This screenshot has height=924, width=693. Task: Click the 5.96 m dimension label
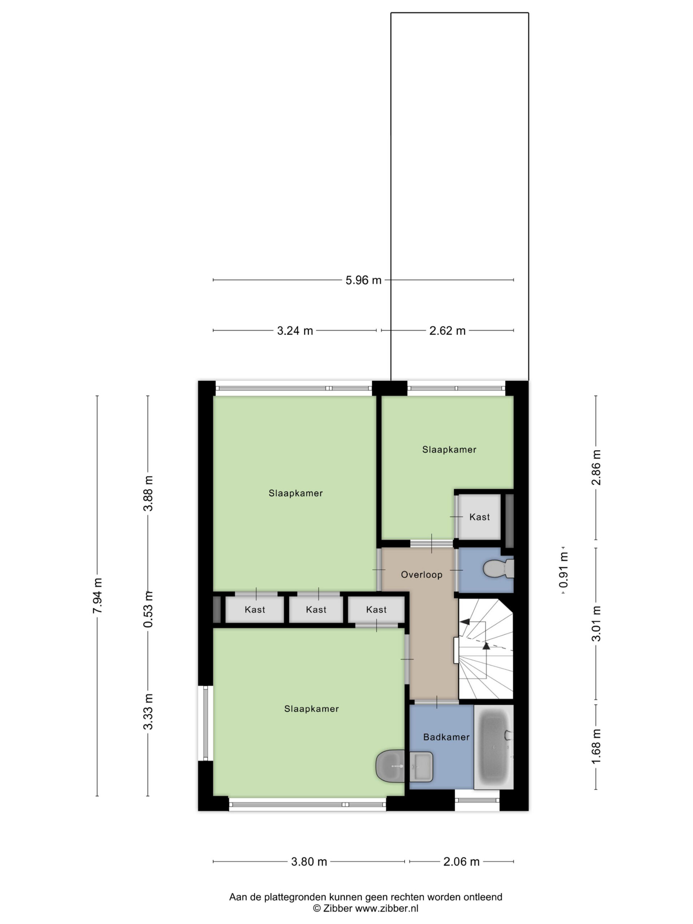(363, 280)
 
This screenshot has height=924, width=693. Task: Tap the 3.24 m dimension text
(295, 330)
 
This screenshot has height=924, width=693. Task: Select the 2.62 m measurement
(447, 330)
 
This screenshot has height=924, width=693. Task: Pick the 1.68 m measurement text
(596, 746)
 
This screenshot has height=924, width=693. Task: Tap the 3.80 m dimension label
(309, 861)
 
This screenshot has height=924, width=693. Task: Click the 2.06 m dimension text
(461, 861)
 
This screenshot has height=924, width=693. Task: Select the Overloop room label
(422, 575)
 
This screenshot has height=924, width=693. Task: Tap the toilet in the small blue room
(498, 568)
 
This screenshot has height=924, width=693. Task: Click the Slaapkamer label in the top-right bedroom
(449, 449)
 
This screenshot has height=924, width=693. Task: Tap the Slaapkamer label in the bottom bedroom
(311, 709)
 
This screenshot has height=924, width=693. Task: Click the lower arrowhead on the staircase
(486, 646)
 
